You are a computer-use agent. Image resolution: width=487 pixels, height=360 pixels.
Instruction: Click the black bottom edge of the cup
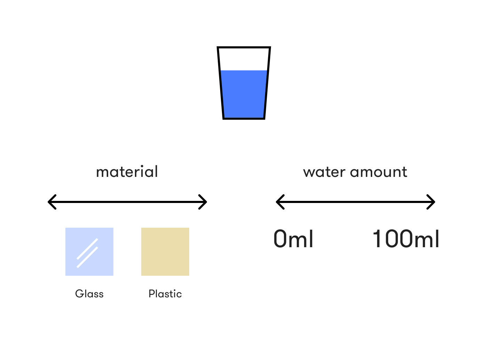pos(243,118)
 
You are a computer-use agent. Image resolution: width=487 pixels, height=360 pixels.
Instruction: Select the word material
pos(127,172)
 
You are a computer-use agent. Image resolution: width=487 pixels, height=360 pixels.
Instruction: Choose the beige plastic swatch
pos(165,252)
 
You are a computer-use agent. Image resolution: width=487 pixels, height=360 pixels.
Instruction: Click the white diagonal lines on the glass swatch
pos(87,253)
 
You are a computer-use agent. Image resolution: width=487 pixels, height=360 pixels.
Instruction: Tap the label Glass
pos(89,294)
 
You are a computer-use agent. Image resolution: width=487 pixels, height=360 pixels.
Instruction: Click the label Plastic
pos(165,294)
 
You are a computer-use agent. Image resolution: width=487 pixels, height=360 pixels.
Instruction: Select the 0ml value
pos(293,239)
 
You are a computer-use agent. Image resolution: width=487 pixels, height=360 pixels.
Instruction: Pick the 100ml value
pos(406,239)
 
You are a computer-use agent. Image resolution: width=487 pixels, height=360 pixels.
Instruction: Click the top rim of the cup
pos(243,47)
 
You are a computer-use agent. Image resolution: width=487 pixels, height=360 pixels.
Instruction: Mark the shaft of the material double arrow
pos(127,202)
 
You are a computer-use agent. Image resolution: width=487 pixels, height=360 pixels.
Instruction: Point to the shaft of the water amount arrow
pos(355,202)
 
